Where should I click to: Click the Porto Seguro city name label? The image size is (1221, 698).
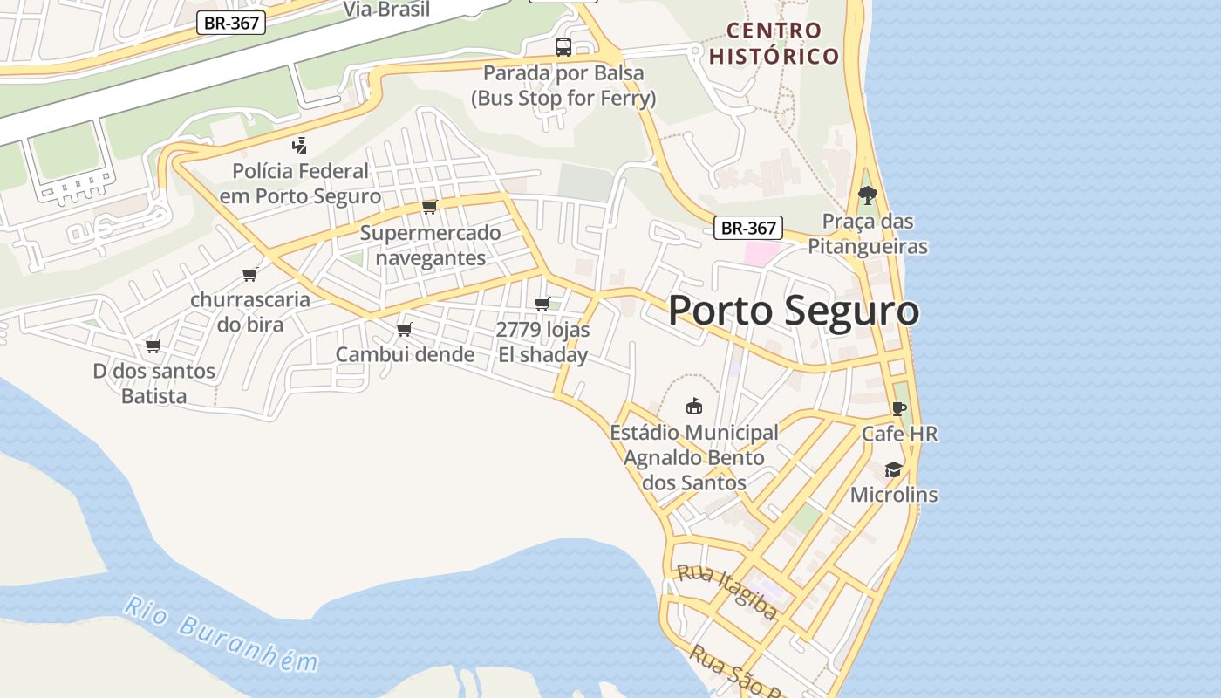(x=793, y=311)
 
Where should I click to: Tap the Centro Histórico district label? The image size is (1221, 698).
(x=774, y=44)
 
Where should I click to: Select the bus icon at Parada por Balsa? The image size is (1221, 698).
(x=563, y=47)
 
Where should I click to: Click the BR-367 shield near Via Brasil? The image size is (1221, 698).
(x=231, y=23)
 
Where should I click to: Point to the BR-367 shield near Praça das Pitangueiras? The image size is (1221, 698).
(x=747, y=228)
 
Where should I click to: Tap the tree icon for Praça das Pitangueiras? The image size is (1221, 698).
(x=867, y=195)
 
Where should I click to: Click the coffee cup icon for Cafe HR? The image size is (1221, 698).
(x=899, y=408)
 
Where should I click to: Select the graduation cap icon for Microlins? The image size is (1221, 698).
(x=893, y=469)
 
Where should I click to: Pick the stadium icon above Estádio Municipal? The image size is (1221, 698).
(x=694, y=406)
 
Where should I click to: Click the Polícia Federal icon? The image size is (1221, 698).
(x=300, y=145)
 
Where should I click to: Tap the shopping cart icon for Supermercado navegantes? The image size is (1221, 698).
(x=429, y=207)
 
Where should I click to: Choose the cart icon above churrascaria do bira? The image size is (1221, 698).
(x=250, y=274)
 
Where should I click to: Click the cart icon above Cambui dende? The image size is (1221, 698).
(x=404, y=329)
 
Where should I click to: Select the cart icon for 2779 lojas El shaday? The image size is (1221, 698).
(x=542, y=304)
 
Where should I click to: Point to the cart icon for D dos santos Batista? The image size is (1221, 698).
(x=153, y=346)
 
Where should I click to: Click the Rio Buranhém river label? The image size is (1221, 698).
(x=221, y=634)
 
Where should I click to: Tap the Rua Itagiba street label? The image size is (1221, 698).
(x=727, y=592)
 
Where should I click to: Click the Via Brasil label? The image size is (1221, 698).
(x=386, y=10)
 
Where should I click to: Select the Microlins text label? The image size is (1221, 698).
(x=894, y=495)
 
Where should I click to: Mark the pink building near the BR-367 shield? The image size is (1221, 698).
(x=761, y=254)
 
